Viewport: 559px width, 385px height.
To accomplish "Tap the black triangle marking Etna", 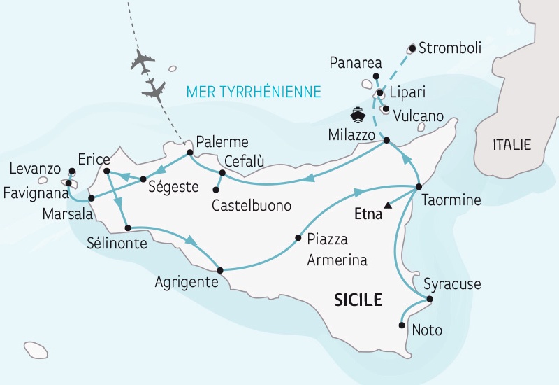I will point(388,205).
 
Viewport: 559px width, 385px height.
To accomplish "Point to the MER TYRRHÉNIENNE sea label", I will point(254,92).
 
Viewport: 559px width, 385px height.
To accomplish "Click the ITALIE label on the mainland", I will point(511,145).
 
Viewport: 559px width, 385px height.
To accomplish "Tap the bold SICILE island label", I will point(358,300).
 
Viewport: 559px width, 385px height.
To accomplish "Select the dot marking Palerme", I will point(189,152).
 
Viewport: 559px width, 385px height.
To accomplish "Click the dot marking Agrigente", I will point(220,270).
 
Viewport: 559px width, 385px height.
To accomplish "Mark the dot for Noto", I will point(402,325).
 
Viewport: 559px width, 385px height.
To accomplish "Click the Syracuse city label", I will point(452,285).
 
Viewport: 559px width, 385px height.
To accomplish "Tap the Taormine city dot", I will point(418,186).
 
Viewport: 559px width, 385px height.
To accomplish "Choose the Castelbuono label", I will point(252,206).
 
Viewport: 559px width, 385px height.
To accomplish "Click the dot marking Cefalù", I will point(222,172).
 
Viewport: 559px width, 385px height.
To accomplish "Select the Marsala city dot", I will point(92,198).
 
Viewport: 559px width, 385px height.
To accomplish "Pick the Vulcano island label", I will point(418,114).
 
